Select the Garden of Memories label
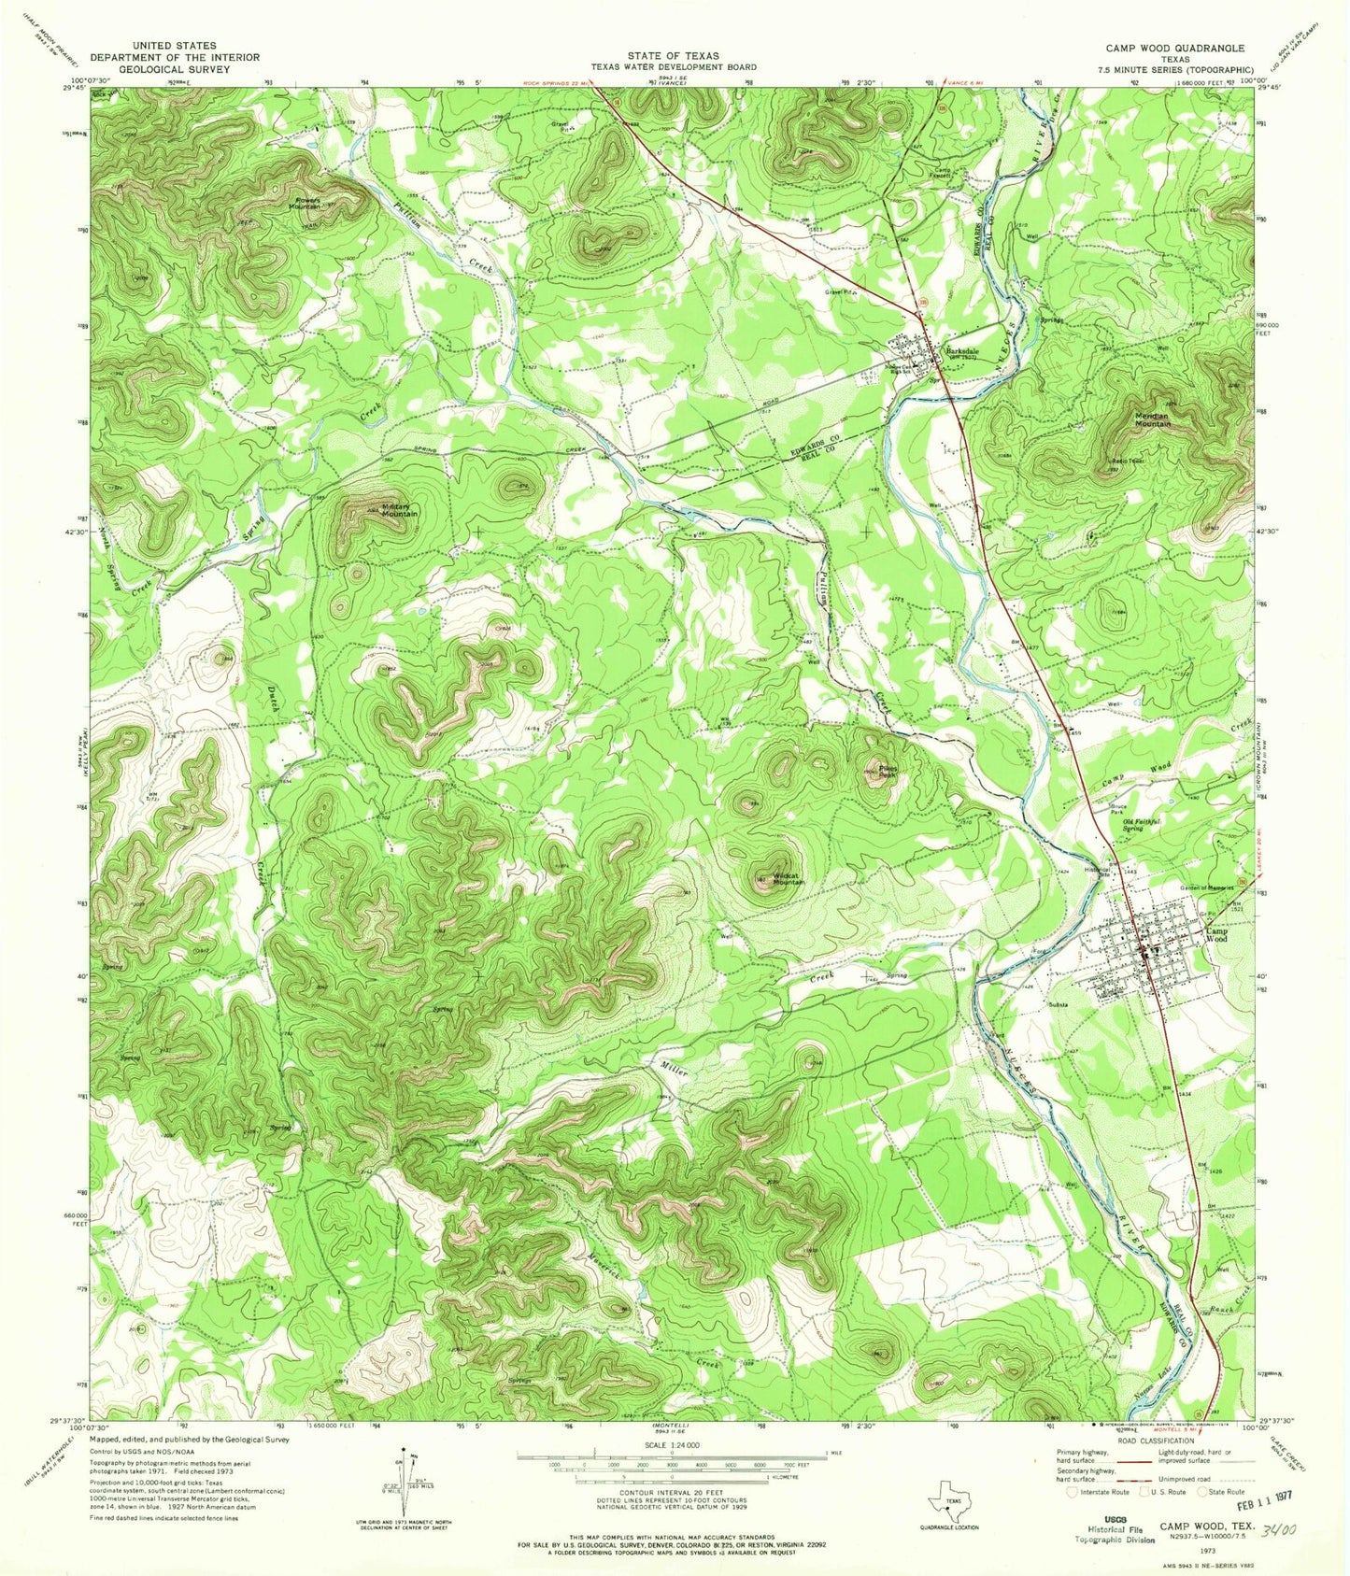(x=1205, y=886)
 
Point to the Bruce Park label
(x=1116, y=809)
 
